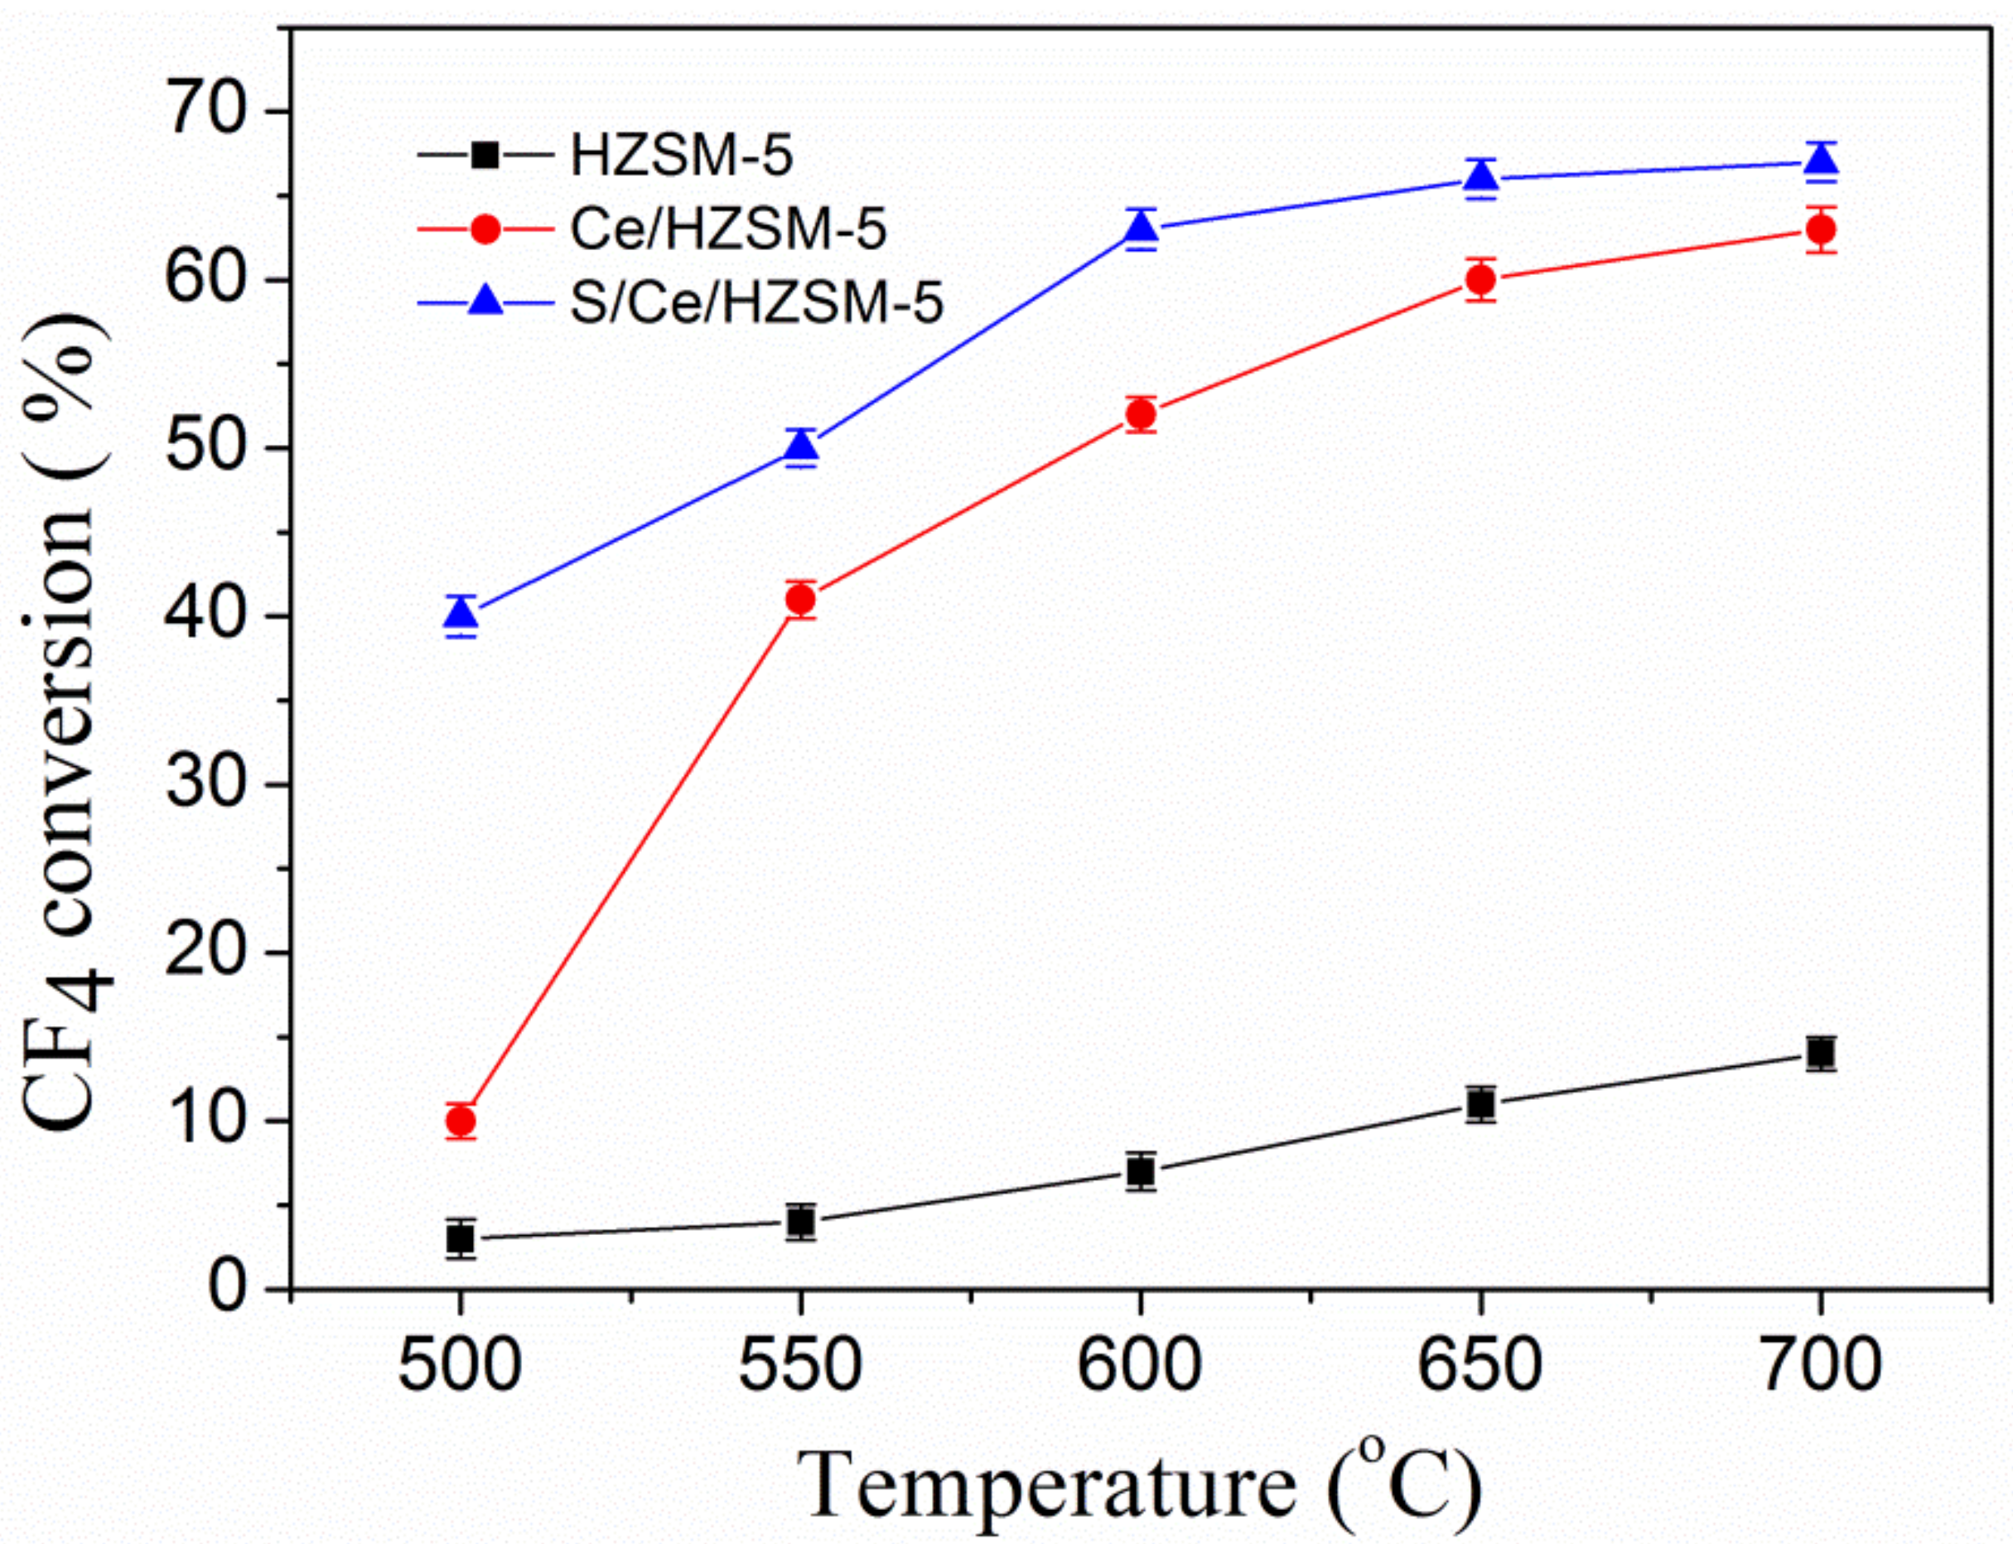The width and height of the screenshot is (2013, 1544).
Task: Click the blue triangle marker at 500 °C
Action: [461, 613]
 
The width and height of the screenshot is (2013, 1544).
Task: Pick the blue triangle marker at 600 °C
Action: [1141, 227]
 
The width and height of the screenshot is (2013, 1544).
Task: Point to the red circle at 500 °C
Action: [461, 1122]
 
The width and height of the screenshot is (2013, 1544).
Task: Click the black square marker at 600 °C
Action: [1141, 1172]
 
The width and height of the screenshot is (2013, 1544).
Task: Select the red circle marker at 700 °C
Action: [1820, 229]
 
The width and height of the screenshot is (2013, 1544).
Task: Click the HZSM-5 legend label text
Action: [681, 156]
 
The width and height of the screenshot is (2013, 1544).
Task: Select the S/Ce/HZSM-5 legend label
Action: [755, 302]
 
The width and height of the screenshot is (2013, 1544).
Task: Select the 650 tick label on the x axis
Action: [1480, 1367]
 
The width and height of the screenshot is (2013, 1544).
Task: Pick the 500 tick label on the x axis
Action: [460, 1367]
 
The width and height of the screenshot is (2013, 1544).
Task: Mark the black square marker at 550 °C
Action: [800, 1223]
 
